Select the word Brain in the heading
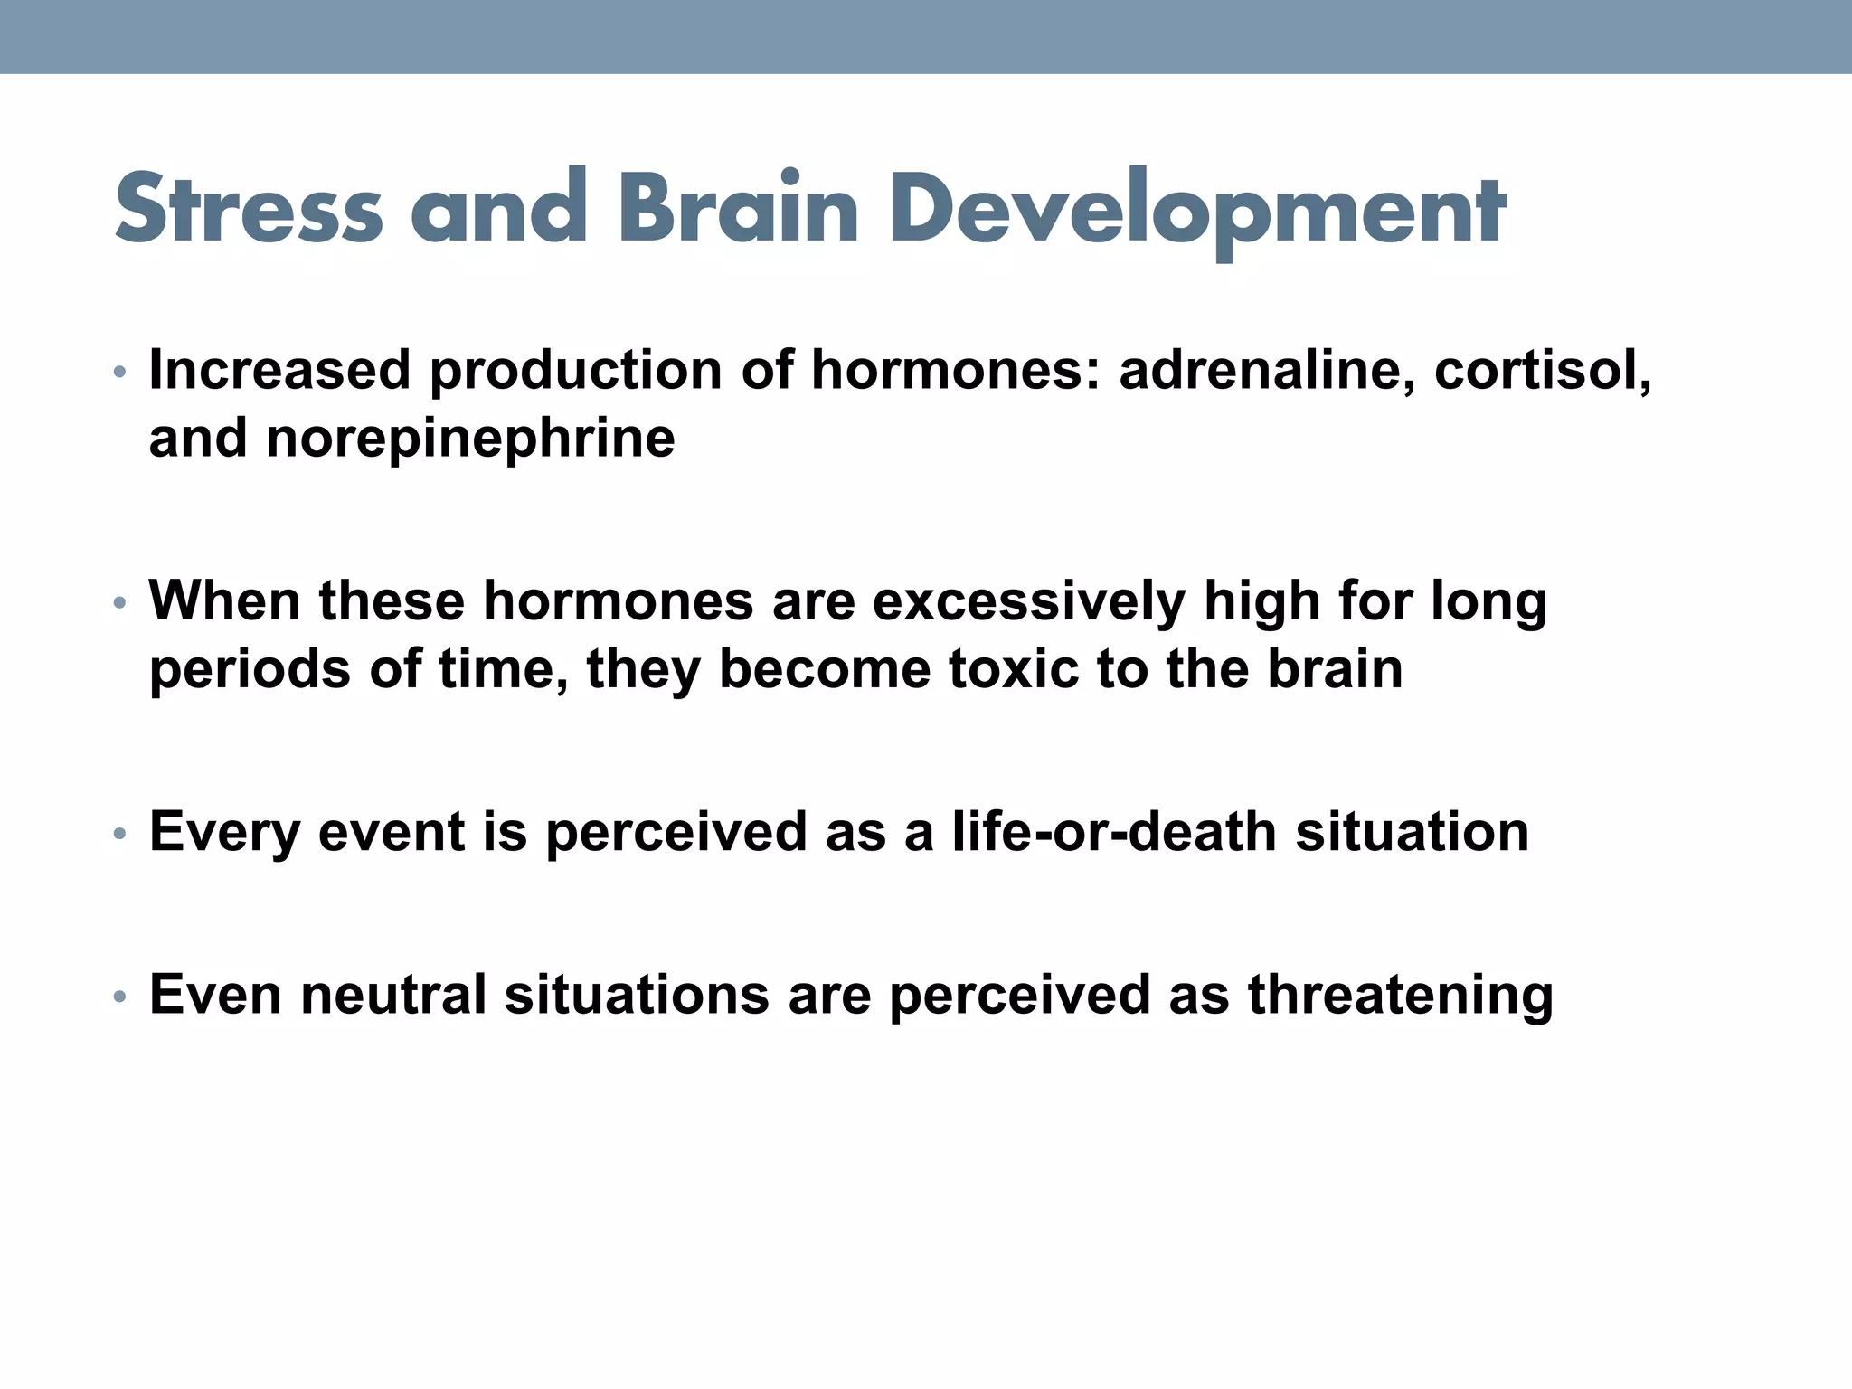click(738, 209)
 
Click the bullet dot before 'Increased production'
click(119, 372)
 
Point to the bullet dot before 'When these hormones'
click(119, 602)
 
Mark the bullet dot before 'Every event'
click(119, 833)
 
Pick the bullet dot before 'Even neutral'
click(119, 996)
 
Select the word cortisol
click(1543, 371)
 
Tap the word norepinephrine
click(470, 439)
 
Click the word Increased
click(279, 371)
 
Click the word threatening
click(1401, 995)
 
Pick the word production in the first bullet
click(575, 371)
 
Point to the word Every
click(224, 832)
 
